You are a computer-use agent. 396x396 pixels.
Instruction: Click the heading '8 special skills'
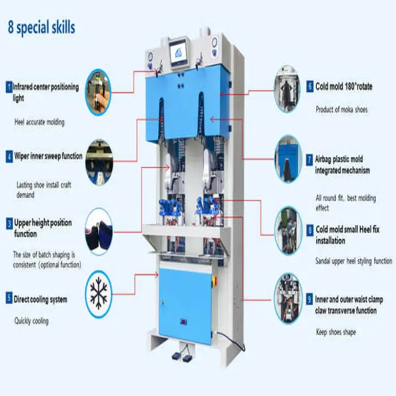tap(41, 28)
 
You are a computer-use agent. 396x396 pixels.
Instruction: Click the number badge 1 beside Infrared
tap(9, 87)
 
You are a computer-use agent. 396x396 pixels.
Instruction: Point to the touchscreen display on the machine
tap(179, 53)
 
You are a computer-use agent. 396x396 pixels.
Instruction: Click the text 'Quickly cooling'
tap(32, 321)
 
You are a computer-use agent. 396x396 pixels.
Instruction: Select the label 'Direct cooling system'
tap(40, 299)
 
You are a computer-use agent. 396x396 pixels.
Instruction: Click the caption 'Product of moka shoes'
tap(341, 109)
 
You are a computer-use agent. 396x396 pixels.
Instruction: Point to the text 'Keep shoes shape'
tap(335, 332)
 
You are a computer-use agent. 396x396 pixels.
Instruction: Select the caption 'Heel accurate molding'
tap(39, 122)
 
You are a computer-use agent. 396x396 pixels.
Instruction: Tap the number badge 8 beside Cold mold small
tap(309, 231)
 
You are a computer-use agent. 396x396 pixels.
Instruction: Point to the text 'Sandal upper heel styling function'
tap(353, 261)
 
